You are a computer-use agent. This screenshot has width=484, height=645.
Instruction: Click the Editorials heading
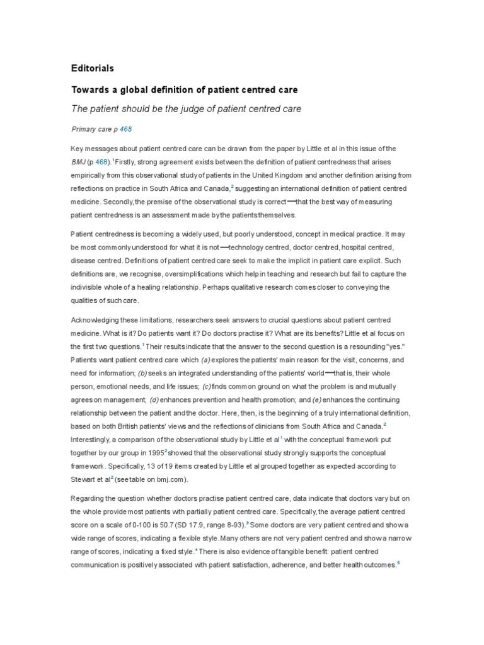[93, 67]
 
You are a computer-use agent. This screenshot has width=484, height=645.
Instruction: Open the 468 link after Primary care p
[125, 128]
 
